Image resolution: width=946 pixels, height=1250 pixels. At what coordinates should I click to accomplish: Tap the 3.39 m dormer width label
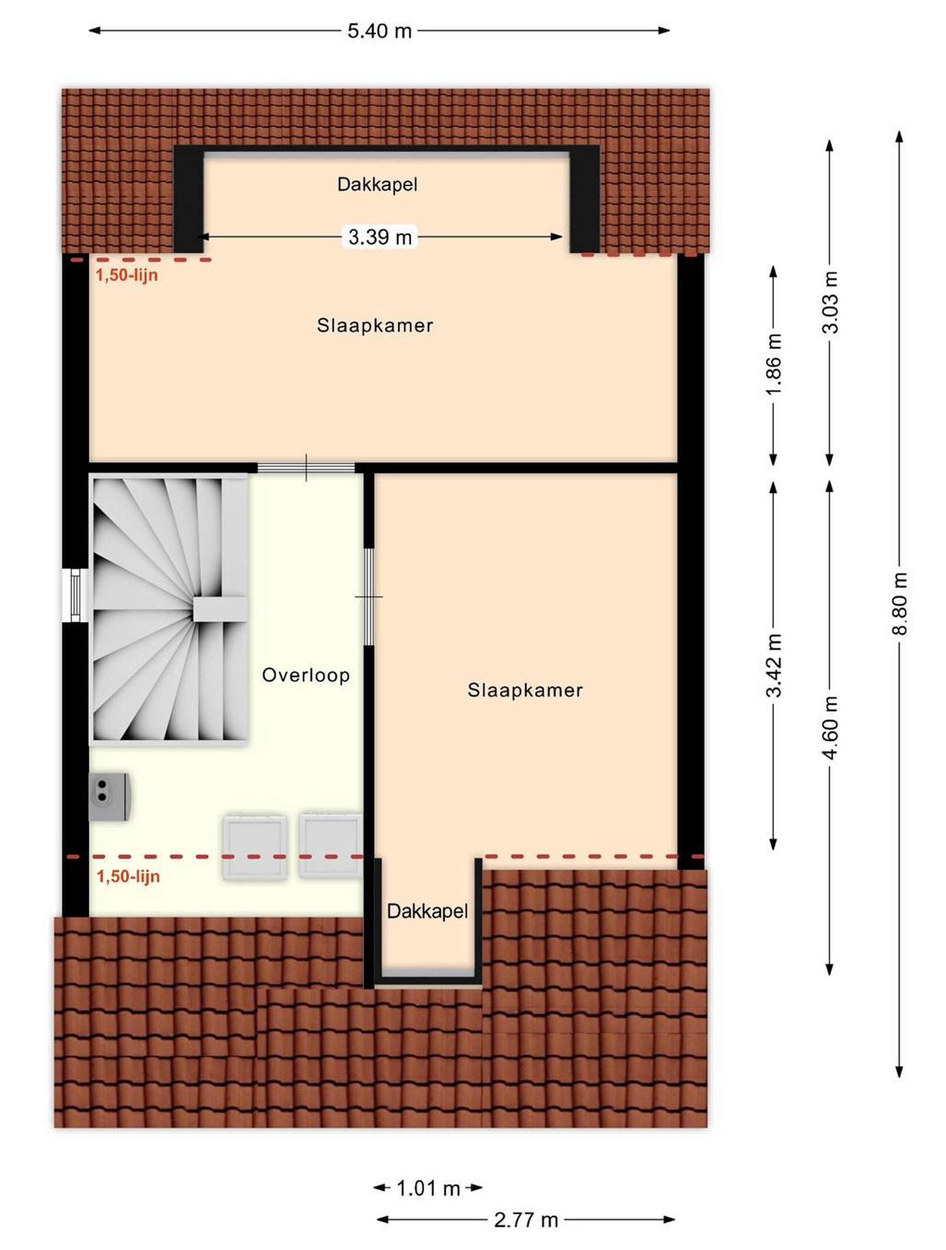pyautogui.click(x=380, y=237)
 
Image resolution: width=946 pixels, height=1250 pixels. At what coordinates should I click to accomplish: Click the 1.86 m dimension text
pyautogui.click(x=774, y=363)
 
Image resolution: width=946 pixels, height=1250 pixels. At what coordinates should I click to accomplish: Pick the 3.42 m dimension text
pyautogui.click(x=774, y=665)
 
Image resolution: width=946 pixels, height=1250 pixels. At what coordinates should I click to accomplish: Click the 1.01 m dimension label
pyautogui.click(x=428, y=1188)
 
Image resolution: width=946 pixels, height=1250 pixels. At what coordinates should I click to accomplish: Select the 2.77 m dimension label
pyautogui.click(x=526, y=1220)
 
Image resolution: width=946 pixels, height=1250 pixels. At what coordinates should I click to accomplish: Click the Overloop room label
pyautogui.click(x=306, y=675)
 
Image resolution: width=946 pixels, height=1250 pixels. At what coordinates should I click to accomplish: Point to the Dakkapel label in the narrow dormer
pyautogui.click(x=427, y=911)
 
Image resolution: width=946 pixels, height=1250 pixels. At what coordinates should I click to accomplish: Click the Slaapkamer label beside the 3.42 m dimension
pyautogui.click(x=525, y=690)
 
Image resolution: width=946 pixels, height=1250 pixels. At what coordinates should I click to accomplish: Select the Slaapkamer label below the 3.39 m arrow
pyautogui.click(x=375, y=326)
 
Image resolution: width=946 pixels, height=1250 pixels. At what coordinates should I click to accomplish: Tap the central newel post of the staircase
pyautogui.click(x=221, y=609)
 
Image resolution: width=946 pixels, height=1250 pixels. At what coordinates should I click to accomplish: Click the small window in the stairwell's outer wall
pyautogui.click(x=75, y=595)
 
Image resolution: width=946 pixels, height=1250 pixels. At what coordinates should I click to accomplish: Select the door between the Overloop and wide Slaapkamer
pyautogui.click(x=307, y=467)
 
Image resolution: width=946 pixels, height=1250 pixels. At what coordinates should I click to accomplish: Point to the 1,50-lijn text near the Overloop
pyautogui.click(x=129, y=876)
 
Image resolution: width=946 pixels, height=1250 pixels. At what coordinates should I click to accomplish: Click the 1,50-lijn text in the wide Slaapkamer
pyautogui.click(x=127, y=276)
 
